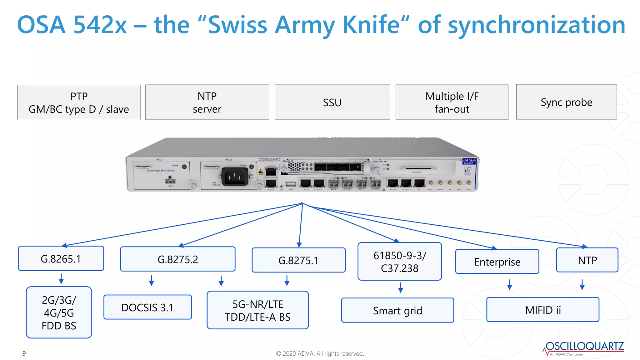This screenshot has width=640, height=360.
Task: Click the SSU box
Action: point(332,102)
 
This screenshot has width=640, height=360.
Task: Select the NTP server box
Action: point(207,102)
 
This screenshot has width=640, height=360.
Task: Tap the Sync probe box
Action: point(566,102)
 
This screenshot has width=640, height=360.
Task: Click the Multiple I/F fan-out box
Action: point(452,102)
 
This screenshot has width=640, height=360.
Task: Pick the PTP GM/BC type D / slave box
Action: point(79,102)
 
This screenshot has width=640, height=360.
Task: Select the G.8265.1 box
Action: point(61,258)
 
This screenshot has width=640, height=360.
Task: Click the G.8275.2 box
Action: point(177,259)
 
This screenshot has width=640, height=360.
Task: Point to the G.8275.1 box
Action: point(298,260)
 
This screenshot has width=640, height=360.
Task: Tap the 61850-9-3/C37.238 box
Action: point(399,262)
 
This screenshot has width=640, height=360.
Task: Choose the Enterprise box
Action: point(497,262)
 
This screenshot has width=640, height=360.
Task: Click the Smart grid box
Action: point(397,310)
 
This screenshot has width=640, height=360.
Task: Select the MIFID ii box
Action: point(542,310)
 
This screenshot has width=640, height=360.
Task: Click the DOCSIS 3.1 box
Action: point(147,307)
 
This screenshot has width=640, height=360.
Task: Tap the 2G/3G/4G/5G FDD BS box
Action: point(59,312)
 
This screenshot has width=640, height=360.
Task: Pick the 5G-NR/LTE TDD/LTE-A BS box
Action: point(257,310)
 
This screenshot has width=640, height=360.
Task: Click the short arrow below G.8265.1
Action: point(61,278)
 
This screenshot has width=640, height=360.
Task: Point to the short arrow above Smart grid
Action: point(401,287)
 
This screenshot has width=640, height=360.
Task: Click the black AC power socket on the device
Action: point(235,177)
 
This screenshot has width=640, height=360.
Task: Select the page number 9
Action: point(24,353)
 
